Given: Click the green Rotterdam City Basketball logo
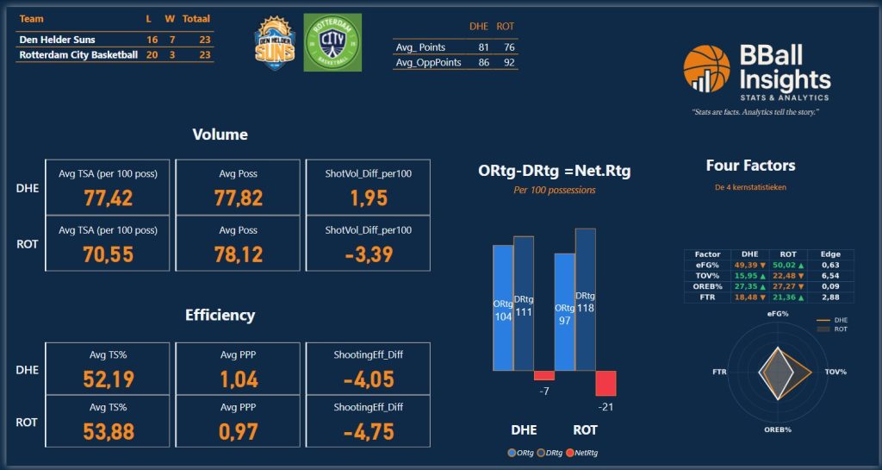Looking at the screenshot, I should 332,42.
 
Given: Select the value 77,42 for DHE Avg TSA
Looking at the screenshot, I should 108,198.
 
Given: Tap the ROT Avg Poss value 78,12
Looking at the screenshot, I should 238,255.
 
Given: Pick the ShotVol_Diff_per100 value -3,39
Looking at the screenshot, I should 368,255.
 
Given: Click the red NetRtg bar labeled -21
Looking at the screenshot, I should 606,383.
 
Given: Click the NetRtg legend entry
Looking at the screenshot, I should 583,453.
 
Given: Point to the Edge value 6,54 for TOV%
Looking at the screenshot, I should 830,276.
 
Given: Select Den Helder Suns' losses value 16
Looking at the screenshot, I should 152,40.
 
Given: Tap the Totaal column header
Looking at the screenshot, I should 196,18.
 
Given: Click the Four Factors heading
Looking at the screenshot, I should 750,166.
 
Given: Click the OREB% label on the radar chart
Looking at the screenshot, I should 777,429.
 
